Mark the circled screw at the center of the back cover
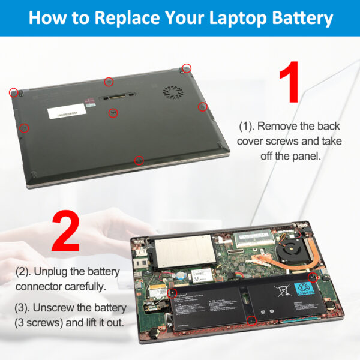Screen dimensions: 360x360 (x=113, y=112)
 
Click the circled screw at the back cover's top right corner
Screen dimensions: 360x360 (x=187, y=68)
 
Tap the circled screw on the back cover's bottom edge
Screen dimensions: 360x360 (x=139, y=160)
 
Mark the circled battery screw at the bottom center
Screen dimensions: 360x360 (x=252, y=320)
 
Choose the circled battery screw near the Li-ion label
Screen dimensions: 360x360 (x=312, y=277)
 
